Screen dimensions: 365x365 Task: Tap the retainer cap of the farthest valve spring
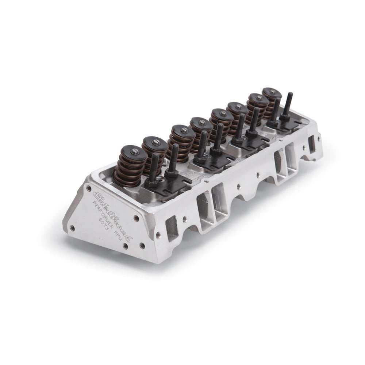[272, 92]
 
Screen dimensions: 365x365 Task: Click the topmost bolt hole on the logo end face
[89, 189]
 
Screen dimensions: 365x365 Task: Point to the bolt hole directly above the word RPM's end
[136, 218]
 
